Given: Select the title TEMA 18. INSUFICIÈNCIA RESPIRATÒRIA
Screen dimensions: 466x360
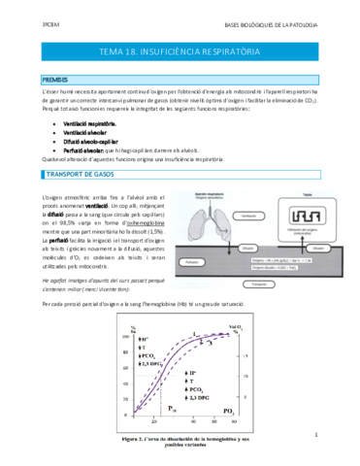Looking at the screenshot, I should pyautogui.click(x=180, y=50).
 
